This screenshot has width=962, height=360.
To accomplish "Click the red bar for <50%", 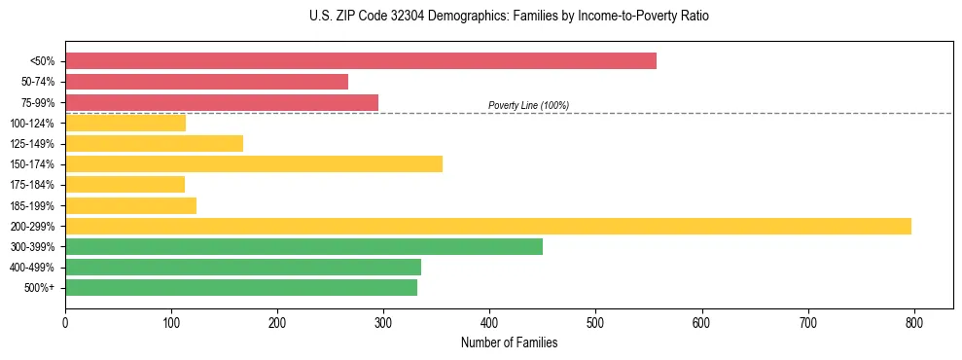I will click(360, 61).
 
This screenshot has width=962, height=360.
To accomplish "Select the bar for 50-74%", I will click(206, 82).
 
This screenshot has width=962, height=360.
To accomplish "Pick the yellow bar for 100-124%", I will click(125, 123).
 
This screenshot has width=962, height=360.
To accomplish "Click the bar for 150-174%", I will click(254, 163).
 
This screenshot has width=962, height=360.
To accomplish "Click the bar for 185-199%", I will click(130, 205).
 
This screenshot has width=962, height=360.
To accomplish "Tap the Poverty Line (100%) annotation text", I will click(528, 105).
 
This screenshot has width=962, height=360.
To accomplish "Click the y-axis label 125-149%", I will click(33, 144).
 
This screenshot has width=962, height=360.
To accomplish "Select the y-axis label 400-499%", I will click(33, 268).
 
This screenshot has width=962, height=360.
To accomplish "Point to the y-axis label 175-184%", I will click(33, 185).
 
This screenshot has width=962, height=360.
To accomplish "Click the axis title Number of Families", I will click(509, 342).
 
